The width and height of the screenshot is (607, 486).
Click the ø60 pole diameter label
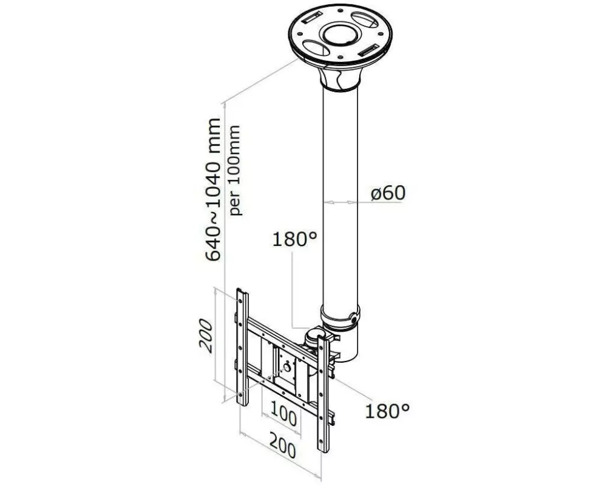click(x=388, y=193)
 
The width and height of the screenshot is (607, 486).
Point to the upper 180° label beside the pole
click(x=295, y=239)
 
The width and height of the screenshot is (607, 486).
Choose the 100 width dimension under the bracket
click(x=284, y=419)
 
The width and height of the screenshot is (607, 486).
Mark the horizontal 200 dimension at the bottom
click(x=283, y=450)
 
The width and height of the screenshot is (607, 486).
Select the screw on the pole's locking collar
click(x=353, y=316)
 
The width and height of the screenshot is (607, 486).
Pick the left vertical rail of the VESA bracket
click(x=243, y=349)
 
